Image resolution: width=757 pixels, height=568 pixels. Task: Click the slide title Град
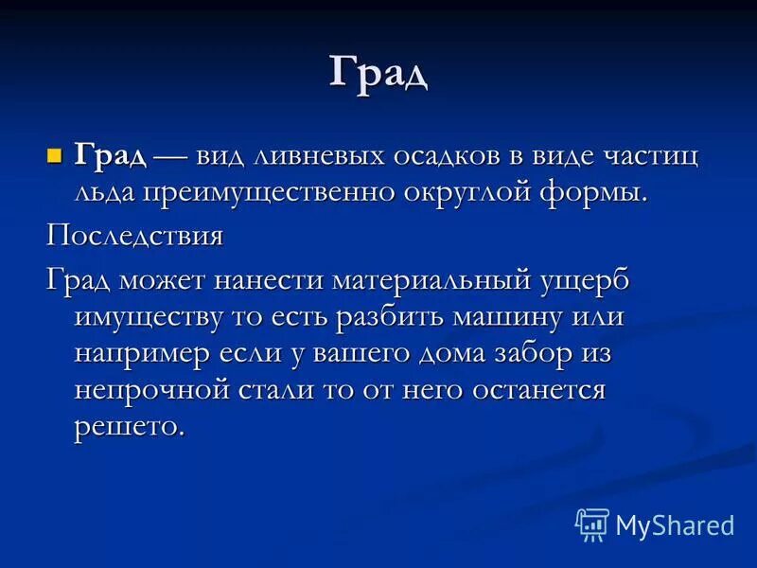(x=378, y=73)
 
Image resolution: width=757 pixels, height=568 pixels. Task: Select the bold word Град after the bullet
(x=110, y=155)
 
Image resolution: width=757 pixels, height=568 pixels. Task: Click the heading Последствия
(x=135, y=235)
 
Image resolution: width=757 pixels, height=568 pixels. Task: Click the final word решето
(x=128, y=425)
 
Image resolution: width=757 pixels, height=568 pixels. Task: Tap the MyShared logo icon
(x=591, y=524)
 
